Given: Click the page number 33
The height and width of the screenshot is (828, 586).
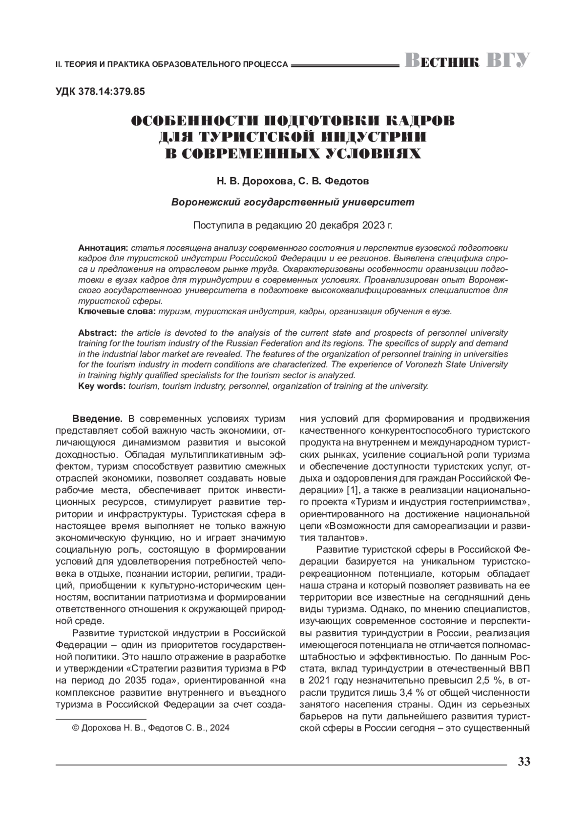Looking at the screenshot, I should click(523, 762).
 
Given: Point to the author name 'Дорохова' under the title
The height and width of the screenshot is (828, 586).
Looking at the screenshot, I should click(267, 182).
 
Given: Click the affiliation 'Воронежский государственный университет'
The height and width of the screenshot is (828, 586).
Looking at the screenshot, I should click(293, 202).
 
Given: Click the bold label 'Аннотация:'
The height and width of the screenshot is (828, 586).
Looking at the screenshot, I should click(104, 247).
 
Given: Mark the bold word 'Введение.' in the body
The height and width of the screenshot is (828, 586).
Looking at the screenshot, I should click(97, 419).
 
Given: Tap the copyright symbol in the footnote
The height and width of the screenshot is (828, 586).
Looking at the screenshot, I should click(76, 728).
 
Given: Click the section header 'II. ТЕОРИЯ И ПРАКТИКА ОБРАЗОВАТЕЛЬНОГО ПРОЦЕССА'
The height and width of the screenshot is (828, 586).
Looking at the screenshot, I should click(171, 64).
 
